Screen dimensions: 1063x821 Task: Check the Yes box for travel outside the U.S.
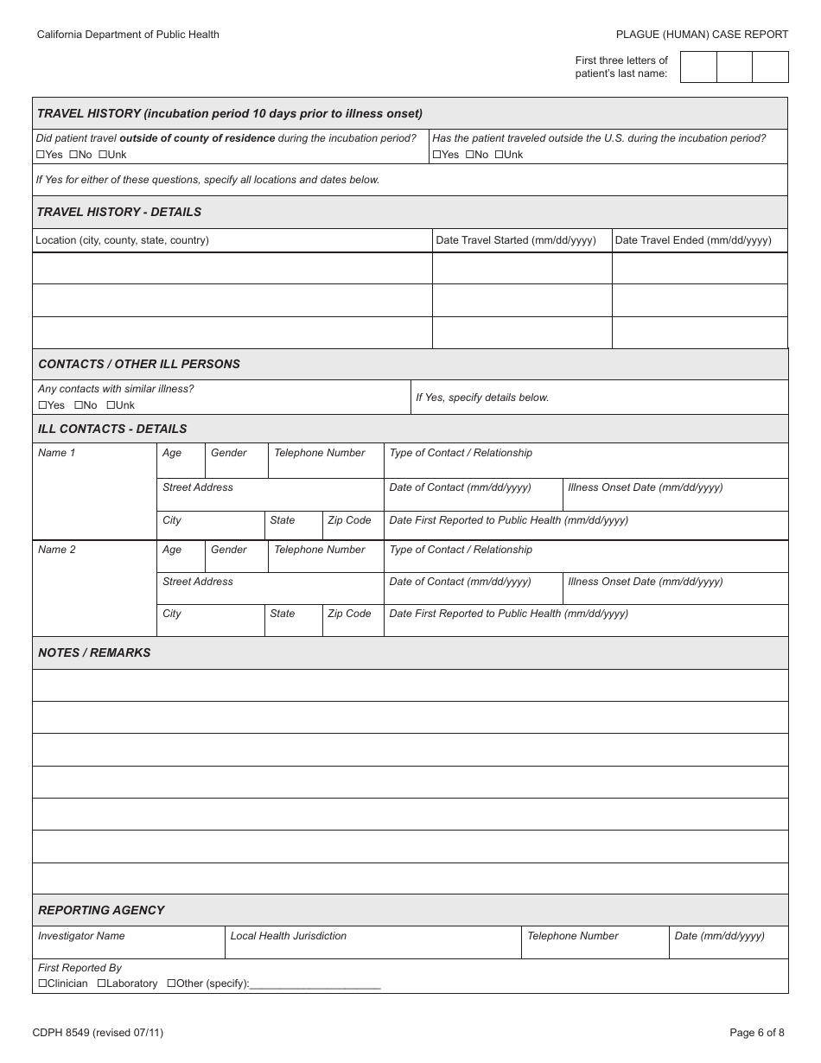(436, 155)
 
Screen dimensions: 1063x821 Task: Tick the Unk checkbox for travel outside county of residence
(102, 155)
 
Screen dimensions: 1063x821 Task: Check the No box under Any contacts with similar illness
(79, 405)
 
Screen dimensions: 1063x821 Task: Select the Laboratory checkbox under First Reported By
(101, 983)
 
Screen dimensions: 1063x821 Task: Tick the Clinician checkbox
(42, 983)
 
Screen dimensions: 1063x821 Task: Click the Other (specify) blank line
(315, 984)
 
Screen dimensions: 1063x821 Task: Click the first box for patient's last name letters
(698, 67)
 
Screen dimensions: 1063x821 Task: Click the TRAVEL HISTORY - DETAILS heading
(119, 212)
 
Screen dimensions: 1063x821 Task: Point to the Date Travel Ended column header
(692, 240)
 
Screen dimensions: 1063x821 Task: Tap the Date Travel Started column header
(516, 240)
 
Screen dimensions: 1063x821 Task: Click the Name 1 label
(57, 453)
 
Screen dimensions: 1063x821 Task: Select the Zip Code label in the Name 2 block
(349, 614)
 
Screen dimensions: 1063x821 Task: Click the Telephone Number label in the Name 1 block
(320, 453)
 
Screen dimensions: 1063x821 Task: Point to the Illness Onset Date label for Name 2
(645, 582)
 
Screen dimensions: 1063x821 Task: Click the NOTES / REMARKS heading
(94, 652)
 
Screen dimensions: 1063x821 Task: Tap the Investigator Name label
(81, 936)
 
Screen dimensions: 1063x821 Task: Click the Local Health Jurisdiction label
(288, 936)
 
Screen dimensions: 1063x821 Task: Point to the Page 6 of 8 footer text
(757, 1032)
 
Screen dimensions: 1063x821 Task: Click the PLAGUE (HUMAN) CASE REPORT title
(702, 35)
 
